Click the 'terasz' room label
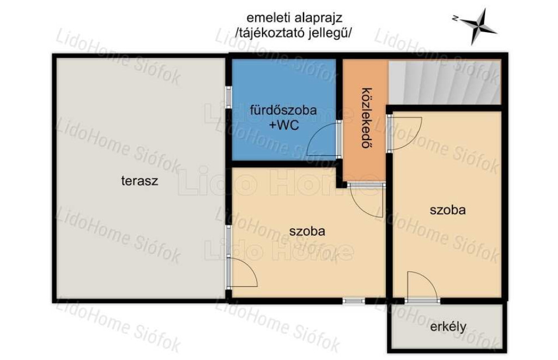(139, 181)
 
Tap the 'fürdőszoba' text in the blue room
(283, 110)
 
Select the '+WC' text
(284, 126)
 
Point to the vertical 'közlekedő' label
(365, 118)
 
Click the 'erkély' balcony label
(448, 327)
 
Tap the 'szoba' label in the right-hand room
(448, 210)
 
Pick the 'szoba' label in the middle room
(307, 231)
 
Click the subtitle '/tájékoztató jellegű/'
(294, 33)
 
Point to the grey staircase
(445, 82)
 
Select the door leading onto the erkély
(422, 286)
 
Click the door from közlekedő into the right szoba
(405, 132)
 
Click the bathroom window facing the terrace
(229, 97)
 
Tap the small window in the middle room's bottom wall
(354, 301)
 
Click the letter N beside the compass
(455, 18)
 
